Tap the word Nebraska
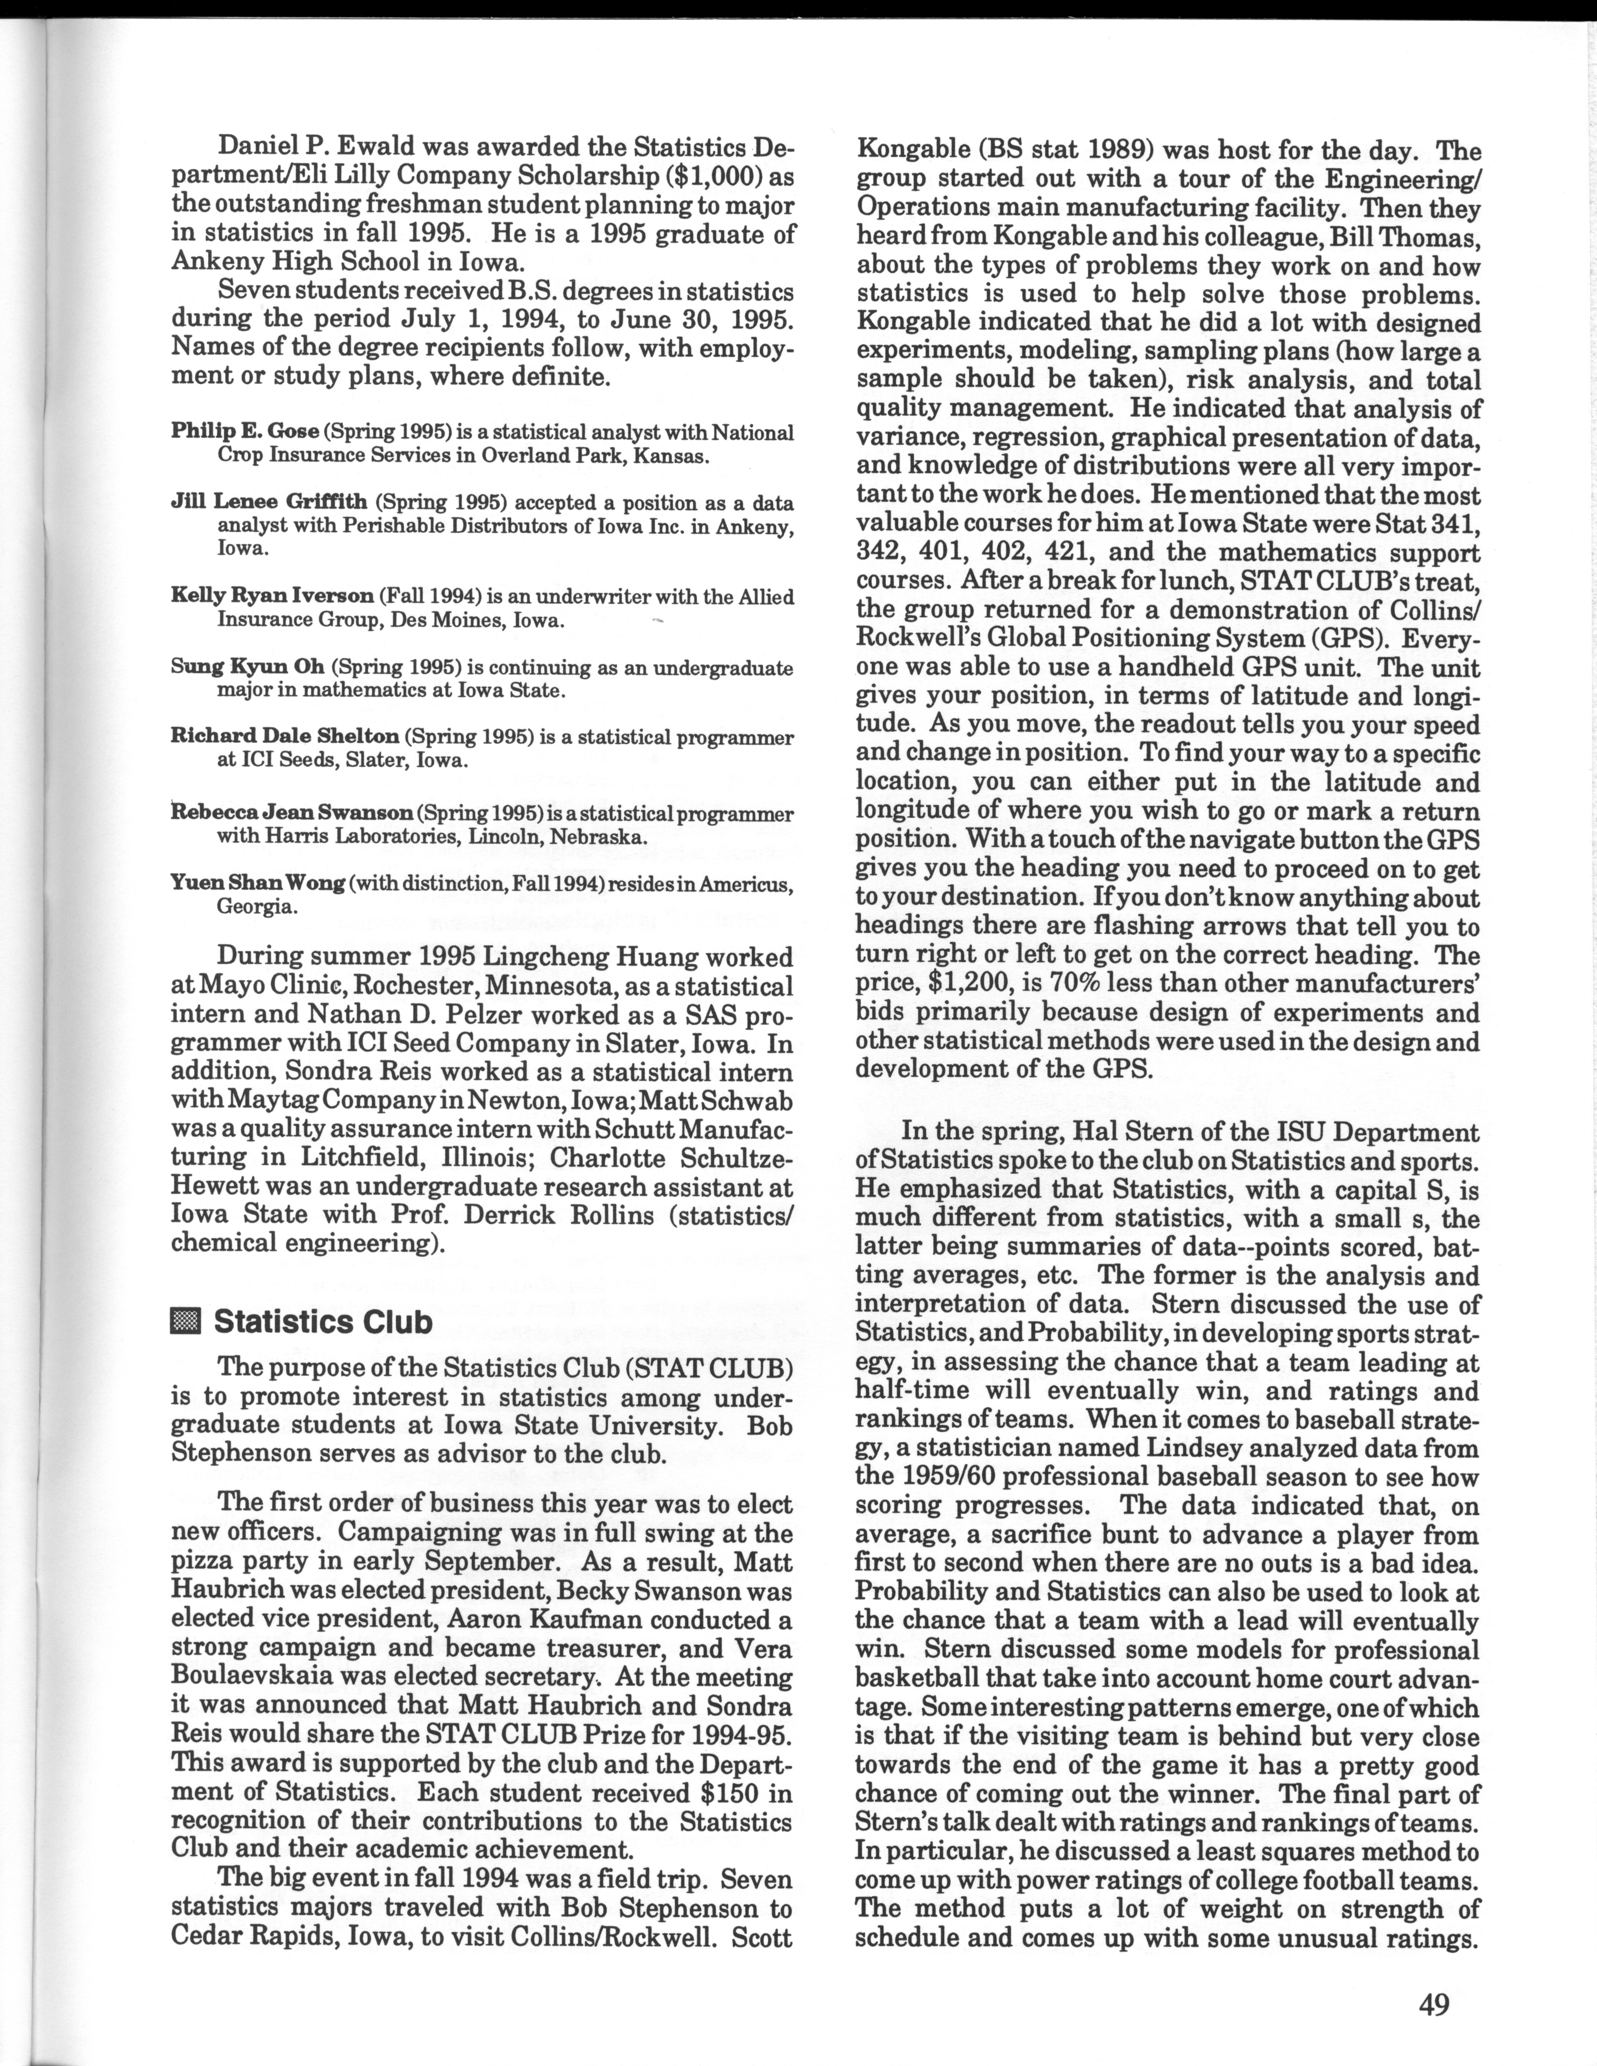599,837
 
